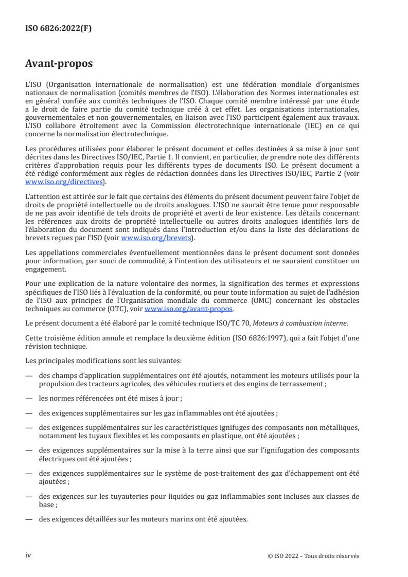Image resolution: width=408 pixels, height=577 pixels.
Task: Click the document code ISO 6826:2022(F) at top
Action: [59, 28]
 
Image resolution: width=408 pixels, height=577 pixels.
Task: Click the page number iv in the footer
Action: [28, 555]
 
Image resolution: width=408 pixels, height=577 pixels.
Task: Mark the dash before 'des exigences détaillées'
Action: [29, 519]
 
